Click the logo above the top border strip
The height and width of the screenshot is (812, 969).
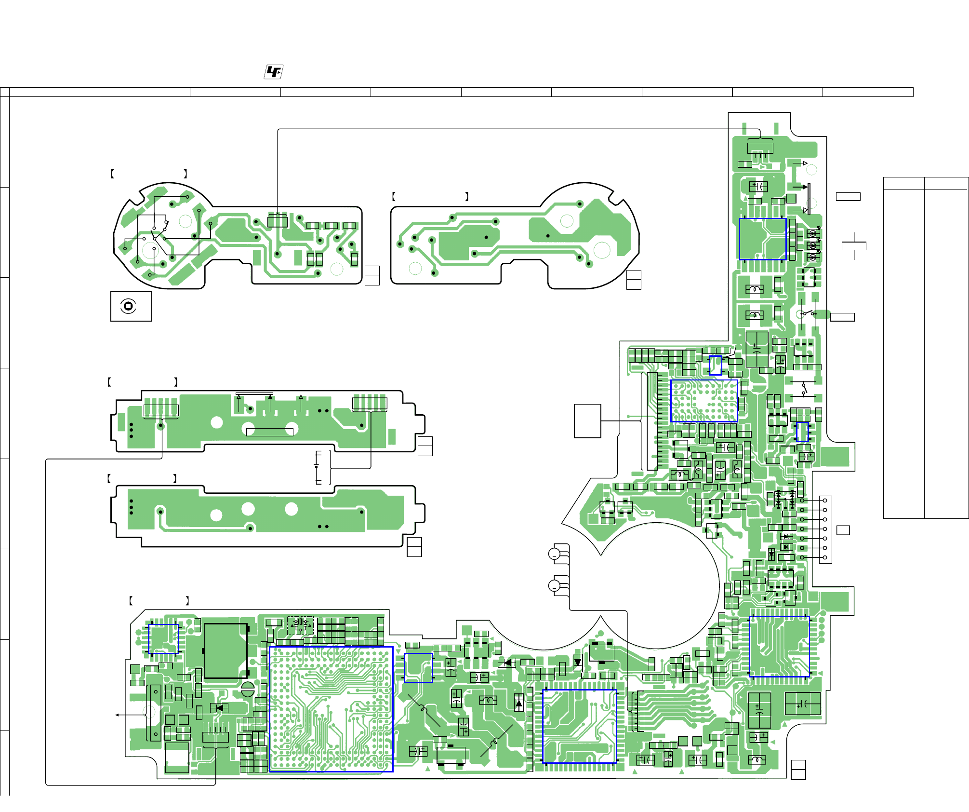[x=274, y=72]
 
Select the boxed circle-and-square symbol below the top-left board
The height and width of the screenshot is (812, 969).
[x=128, y=306]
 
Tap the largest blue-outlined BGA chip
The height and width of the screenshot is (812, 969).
[x=331, y=709]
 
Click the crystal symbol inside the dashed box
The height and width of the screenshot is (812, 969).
[x=301, y=625]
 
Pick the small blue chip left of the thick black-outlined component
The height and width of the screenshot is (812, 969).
[x=163, y=639]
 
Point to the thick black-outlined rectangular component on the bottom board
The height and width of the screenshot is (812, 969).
[x=226, y=651]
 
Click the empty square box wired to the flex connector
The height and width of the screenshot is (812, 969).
[x=587, y=421]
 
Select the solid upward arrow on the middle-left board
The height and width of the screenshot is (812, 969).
[x=270, y=397]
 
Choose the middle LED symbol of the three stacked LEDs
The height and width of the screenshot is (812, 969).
[x=813, y=245]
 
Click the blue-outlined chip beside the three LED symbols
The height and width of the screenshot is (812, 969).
[x=763, y=239]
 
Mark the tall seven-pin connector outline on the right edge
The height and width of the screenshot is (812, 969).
[x=825, y=529]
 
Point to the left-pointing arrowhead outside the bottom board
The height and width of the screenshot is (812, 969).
[x=117, y=715]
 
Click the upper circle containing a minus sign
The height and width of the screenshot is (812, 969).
[x=555, y=554]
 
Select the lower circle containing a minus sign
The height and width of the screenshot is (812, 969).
[x=555, y=586]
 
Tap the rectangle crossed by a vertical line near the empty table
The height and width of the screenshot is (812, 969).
[x=854, y=246]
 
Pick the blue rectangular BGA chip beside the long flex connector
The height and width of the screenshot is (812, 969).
[x=704, y=401]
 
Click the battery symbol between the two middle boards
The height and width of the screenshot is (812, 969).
[x=318, y=467]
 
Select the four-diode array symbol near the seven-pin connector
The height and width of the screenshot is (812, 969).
[x=785, y=499]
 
